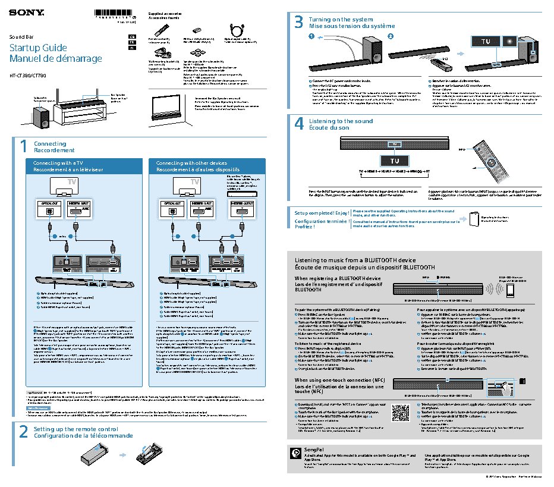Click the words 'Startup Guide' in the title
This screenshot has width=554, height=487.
[30, 48]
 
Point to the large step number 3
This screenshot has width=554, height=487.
[299, 23]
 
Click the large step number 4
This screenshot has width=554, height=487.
[299, 123]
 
